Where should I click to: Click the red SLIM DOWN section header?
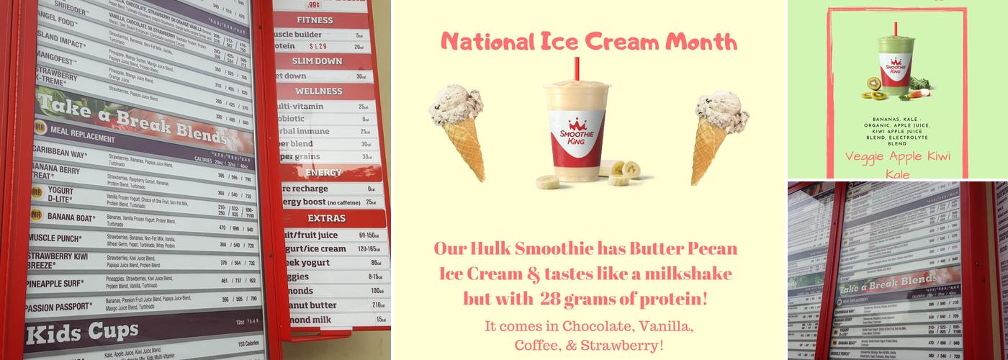coord(317,61)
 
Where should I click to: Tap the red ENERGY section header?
coord(323,173)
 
